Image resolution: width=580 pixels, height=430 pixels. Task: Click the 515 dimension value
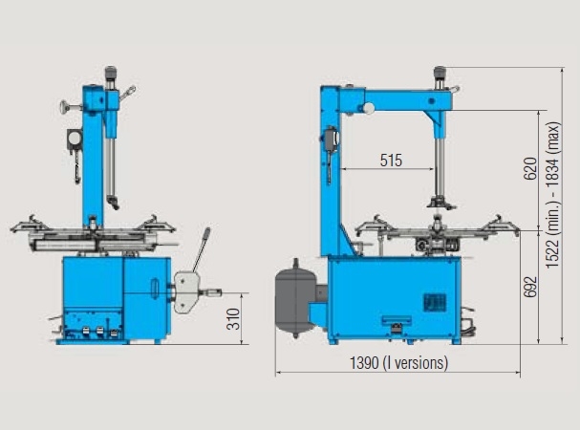point(391,161)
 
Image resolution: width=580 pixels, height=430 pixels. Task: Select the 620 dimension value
point(530,169)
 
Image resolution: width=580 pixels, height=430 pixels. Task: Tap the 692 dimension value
point(530,287)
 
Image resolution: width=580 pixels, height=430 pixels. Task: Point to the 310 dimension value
point(233,319)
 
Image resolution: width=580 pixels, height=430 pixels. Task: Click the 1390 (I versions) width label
point(398,363)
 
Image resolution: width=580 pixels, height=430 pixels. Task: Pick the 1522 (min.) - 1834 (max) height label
point(553,195)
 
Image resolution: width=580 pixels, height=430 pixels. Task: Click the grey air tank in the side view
point(295,298)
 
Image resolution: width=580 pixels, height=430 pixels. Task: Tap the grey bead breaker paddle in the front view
point(186,292)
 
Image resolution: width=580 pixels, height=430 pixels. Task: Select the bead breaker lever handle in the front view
point(202,249)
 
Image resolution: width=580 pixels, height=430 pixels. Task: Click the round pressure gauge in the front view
point(75,139)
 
